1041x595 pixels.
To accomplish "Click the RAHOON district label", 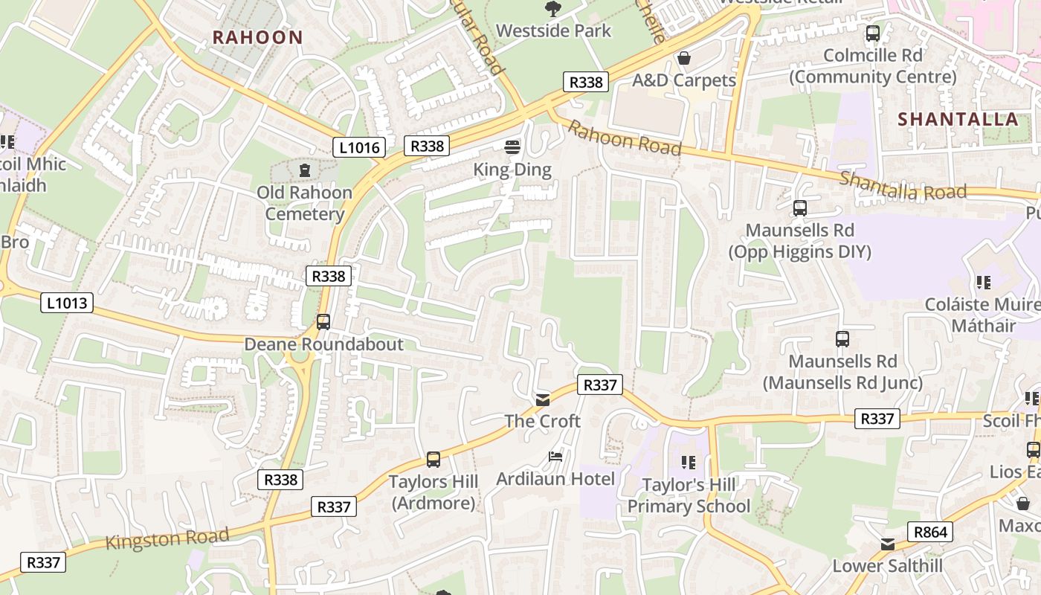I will coord(257,37).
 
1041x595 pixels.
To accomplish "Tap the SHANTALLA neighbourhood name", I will coord(958,119).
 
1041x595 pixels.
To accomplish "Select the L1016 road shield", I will coord(359,147).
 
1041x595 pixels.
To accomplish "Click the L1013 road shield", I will coord(67,303).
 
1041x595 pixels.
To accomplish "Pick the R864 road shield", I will coord(929,532).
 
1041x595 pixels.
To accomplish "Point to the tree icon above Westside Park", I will coord(552,9).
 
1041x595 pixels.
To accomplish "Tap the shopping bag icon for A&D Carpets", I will coord(684,57).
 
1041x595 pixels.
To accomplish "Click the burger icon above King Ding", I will coord(512,147).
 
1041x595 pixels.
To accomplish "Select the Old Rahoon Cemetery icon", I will coord(304,170).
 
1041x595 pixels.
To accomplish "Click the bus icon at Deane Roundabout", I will coord(323,322).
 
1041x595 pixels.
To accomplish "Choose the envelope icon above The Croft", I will coord(543,400).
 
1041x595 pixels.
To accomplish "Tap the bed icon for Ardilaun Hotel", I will coord(555,456).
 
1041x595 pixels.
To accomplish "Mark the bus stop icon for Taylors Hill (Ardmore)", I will coord(434,460).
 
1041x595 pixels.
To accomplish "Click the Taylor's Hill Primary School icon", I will coord(688,463).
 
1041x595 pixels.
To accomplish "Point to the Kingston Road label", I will coord(167,538).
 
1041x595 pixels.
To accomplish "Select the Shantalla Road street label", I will coord(903,186).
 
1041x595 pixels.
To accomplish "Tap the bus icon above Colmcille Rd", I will coord(873,33).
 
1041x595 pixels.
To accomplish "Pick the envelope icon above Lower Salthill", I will coord(888,544).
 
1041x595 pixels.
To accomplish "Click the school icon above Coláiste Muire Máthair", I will coord(983,283).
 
